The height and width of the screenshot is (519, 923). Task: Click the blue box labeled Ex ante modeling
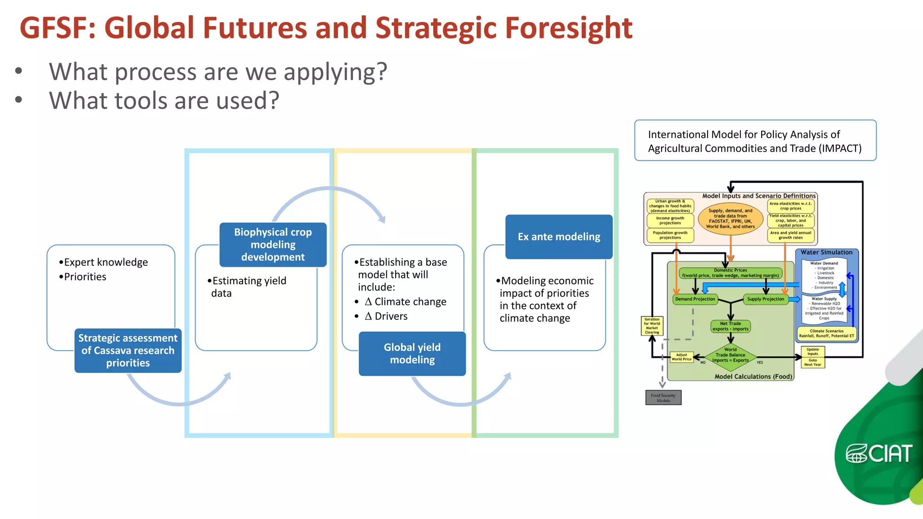pyautogui.click(x=559, y=237)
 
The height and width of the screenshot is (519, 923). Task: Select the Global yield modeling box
pyautogui.click(x=412, y=354)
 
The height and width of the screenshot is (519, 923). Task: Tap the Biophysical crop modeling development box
pyautogui.click(x=273, y=245)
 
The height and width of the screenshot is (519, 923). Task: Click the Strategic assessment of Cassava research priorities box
pyautogui.click(x=128, y=351)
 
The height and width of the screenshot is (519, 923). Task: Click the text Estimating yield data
pyautogui.click(x=248, y=287)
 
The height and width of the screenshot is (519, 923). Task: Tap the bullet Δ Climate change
pyautogui.click(x=405, y=302)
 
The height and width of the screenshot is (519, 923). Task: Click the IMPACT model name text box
pyautogui.click(x=755, y=141)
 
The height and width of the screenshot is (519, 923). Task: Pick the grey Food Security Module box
pyautogui.click(x=663, y=398)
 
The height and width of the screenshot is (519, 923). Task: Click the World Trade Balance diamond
pyautogui.click(x=730, y=355)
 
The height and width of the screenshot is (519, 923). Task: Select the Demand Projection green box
pyautogui.click(x=695, y=299)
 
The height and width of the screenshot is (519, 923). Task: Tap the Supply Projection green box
pyautogui.click(x=765, y=299)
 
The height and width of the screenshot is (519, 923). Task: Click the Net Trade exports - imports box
pyautogui.click(x=730, y=326)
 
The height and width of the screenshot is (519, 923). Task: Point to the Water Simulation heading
pyautogui.click(x=826, y=253)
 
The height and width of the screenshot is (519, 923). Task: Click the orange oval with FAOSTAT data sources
pyautogui.click(x=730, y=219)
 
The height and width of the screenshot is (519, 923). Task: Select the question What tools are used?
pyautogui.click(x=164, y=100)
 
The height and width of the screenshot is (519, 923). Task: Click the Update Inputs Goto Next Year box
pyautogui.click(x=813, y=357)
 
